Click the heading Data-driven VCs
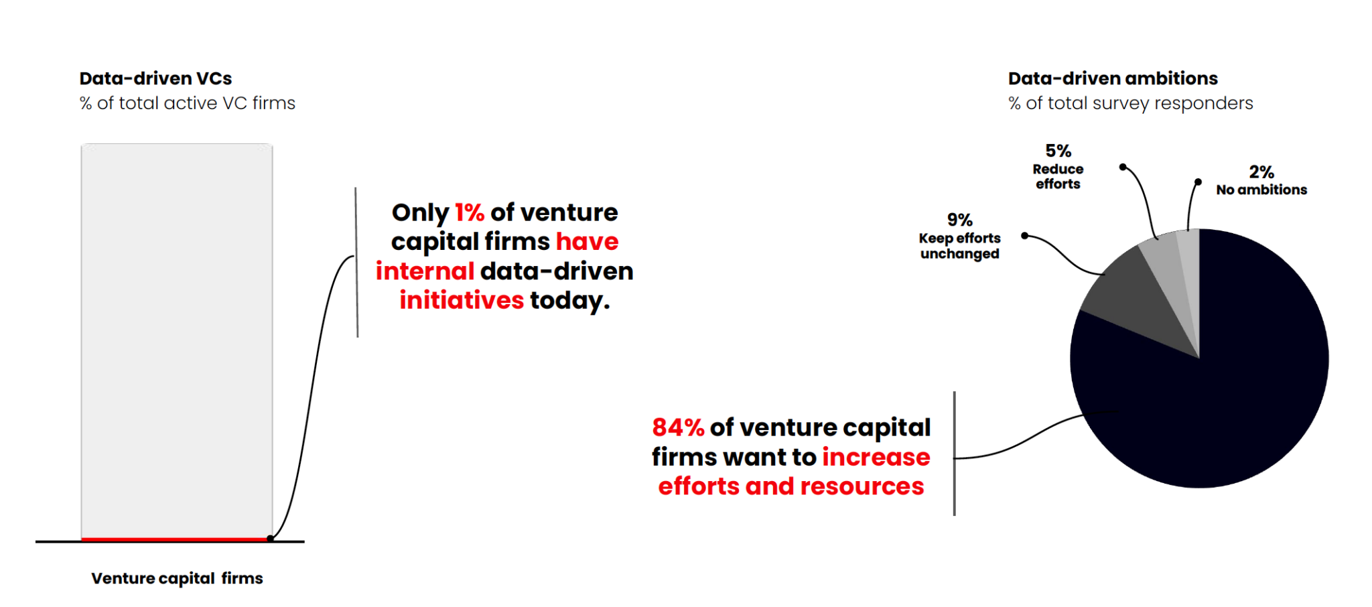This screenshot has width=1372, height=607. pyautogui.click(x=155, y=78)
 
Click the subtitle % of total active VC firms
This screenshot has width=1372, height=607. pyautogui.click(x=187, y=103)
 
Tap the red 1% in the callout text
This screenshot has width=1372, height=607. pyautogui.click(x=469, y=212)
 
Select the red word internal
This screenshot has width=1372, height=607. pyautogui.click(x=425, y=271)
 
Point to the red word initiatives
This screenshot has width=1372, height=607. pyautogui.click(x=462, y=300)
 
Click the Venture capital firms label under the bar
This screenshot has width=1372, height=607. pyautogui.click(x=177, y=578)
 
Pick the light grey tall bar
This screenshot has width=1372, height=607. pyautogui.click(x=177, y=335)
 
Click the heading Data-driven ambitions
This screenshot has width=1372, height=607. pyautogui.click(x=1113, y=78)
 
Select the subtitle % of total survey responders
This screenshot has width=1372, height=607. pyautogui.click(x=1130, y=103)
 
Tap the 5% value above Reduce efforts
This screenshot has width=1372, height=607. pyautogui.click(x=1058, y=151)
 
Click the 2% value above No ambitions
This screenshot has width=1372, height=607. pyautogui.click(x=1261, y=172)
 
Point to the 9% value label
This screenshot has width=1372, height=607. pyautogui.click(x=959, y=220)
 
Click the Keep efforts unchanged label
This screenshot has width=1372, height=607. pyautogui.click(x=959, y=246)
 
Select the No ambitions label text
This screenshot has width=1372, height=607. pyautogui.click(x=1261, y=190)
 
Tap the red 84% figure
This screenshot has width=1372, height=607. pyautogui.click(x=678, y=427)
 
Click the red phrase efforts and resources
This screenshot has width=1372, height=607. pyautogui.click(x=791, y=486)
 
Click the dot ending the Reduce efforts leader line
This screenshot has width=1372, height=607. pyautogui.click(x=1123, y=167)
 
